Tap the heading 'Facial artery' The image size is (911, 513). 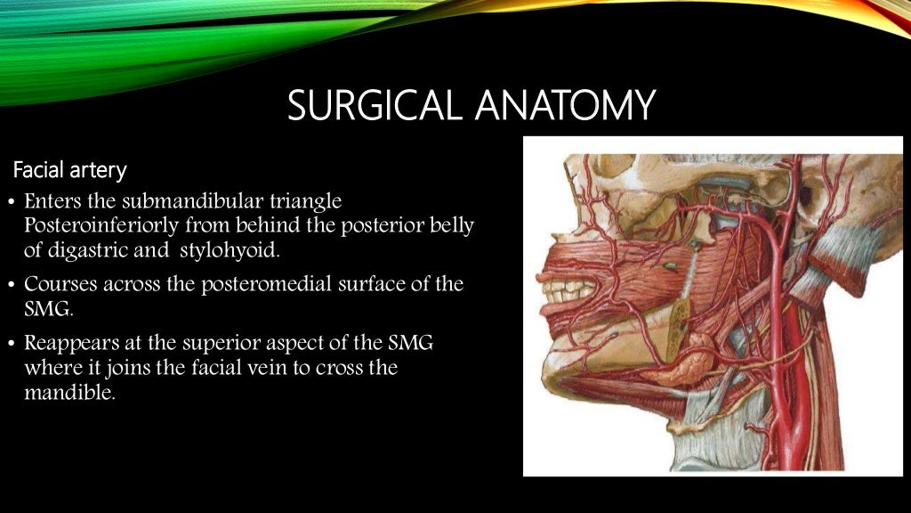point(70,169)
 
